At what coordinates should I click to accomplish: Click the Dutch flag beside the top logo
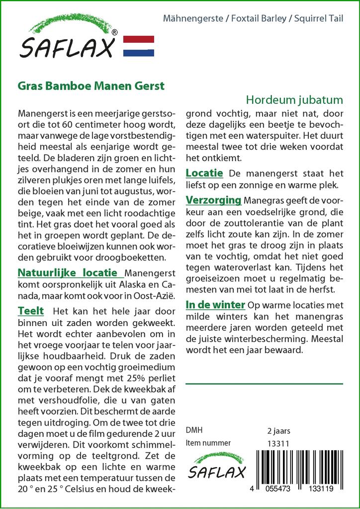click(138, 46)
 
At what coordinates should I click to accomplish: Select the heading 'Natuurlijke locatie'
click(70, 273)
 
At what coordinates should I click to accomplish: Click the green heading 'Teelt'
click(30, 311)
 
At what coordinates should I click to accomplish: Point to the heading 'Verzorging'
click(213, 200)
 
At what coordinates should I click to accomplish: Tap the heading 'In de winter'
click(215, 304)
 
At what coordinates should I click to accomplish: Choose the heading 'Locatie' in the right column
click(204, 173)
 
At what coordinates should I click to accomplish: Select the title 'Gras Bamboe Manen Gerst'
click(91, 85)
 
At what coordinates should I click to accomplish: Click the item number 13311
click(278, 443)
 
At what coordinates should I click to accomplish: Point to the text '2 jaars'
click(278, 430)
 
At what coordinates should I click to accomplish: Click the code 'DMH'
click(194, 430)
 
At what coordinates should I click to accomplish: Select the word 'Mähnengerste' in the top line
click(193, 19)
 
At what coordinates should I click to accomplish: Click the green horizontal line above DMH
click(264, 384)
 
